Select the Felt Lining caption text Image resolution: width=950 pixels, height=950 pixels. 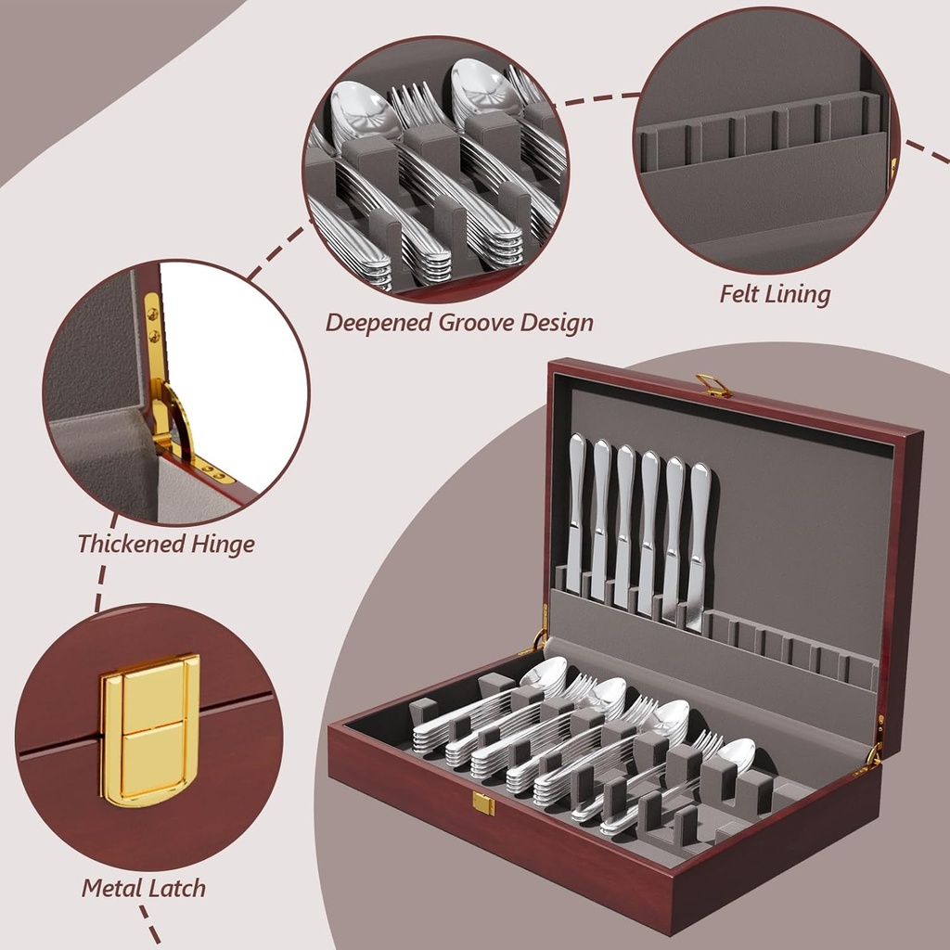775,294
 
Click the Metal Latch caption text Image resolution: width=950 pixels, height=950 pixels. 143,888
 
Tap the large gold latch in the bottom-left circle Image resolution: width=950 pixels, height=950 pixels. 149,729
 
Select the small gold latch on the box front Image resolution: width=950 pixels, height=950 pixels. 483,803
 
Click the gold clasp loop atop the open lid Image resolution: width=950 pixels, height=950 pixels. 713,384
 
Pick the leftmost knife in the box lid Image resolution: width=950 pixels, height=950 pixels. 576,510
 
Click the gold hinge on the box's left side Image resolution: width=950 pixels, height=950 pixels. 538,639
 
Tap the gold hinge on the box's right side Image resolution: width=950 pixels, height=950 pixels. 873,755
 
